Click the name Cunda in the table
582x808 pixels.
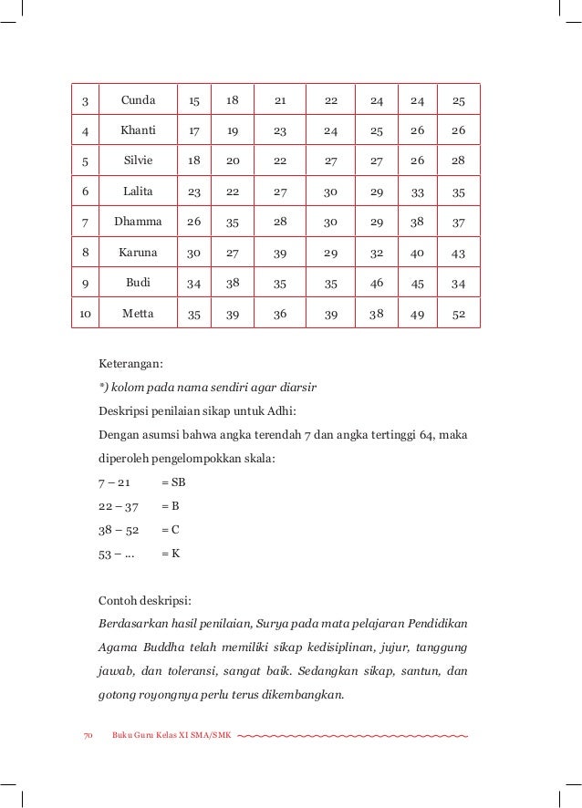[x=139, y=99]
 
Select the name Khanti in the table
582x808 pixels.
[x=139, y=130]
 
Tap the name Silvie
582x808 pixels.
[x=139, y=161]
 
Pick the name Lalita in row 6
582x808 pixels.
[x=139, y=192]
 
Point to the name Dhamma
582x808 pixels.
[x=139, y=222]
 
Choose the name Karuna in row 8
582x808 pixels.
[x=139, y=252]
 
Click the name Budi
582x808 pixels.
[x=139, y=283]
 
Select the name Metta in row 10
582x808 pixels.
[x=139, y=314]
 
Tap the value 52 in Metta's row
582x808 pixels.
[x=458, y=314]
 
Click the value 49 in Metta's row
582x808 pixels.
[x=418, y=314]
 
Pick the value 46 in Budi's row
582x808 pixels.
[x=377, y=283]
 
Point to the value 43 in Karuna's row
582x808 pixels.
[x=458, y=252]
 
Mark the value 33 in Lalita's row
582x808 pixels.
[x=418, y=192]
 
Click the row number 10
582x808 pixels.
[x=86, y=314]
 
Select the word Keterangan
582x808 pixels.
[x=130, y=364]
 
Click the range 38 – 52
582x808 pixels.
[x=118, y=528]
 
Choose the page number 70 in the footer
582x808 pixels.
[x=88, y=735]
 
